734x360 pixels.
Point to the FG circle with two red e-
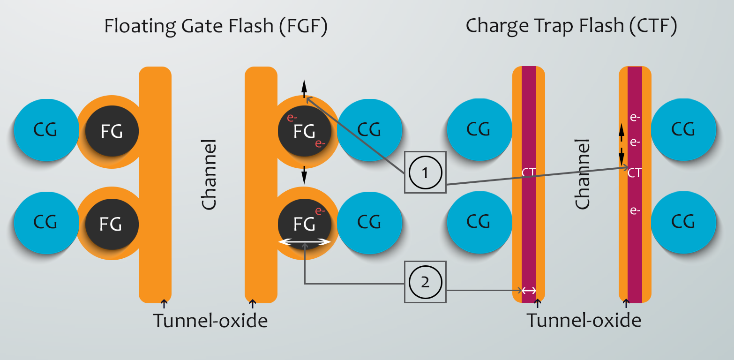click(305, 131)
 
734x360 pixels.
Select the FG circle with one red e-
click(305, 224)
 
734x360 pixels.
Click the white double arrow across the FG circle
click(305, 242)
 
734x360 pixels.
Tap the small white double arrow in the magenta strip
click(529, 291)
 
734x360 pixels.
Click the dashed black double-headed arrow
click(622, 145)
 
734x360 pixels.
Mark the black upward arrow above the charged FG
click(304, 88)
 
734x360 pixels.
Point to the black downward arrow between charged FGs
click(304, 175)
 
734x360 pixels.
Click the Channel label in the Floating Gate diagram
click(209, 174)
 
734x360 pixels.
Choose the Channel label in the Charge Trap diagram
click(582, 174)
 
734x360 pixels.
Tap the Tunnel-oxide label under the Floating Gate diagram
click(210, 321)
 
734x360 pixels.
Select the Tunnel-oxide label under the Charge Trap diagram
click(584, 321)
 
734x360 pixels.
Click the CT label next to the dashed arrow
click(635, 173)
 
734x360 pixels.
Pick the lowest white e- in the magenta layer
click(635, 211)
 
